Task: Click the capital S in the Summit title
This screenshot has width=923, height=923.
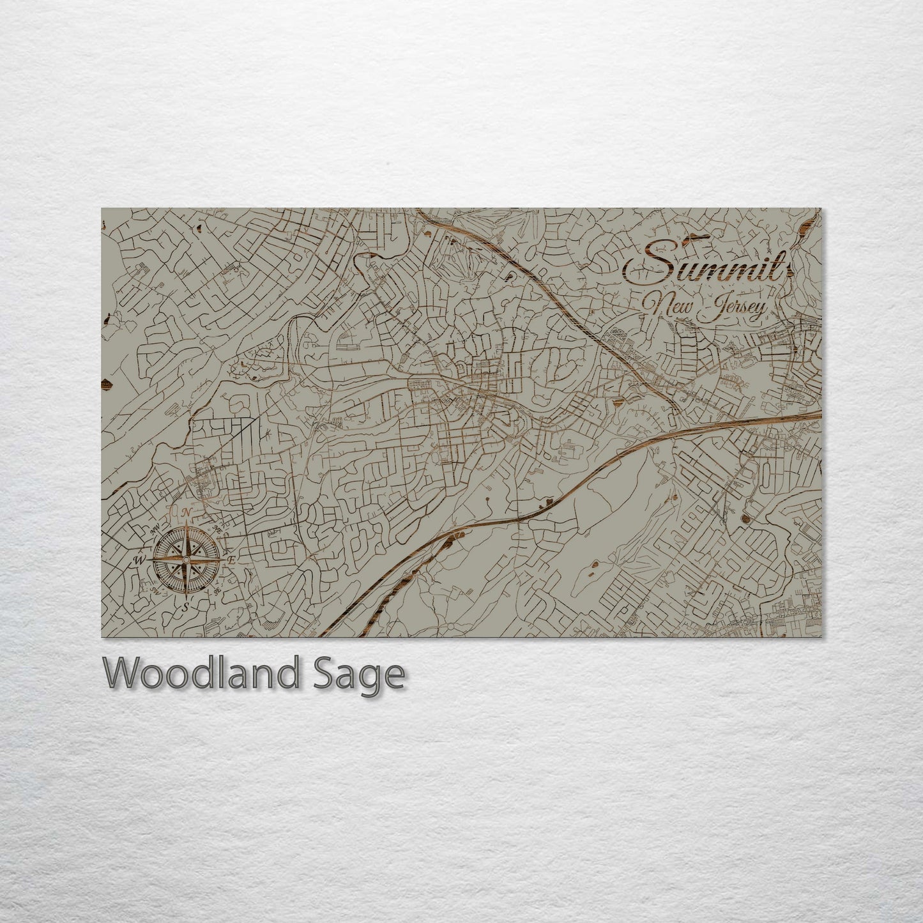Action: point(649,263)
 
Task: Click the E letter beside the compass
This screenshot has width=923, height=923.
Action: point(232,560)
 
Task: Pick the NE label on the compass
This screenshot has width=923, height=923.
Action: point(217,530)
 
